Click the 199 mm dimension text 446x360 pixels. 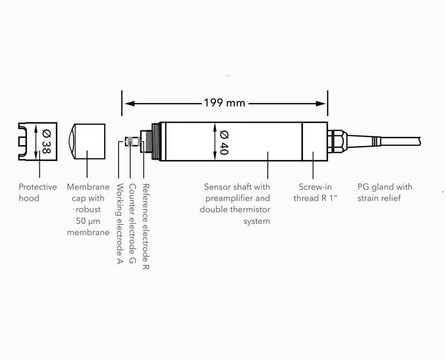(225, 102)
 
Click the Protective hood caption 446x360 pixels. (38, 192)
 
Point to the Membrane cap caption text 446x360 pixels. (88, 210)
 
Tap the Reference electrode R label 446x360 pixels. (146, 226)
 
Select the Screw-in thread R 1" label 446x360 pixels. (316, 192)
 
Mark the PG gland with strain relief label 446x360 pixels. (385, 192)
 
